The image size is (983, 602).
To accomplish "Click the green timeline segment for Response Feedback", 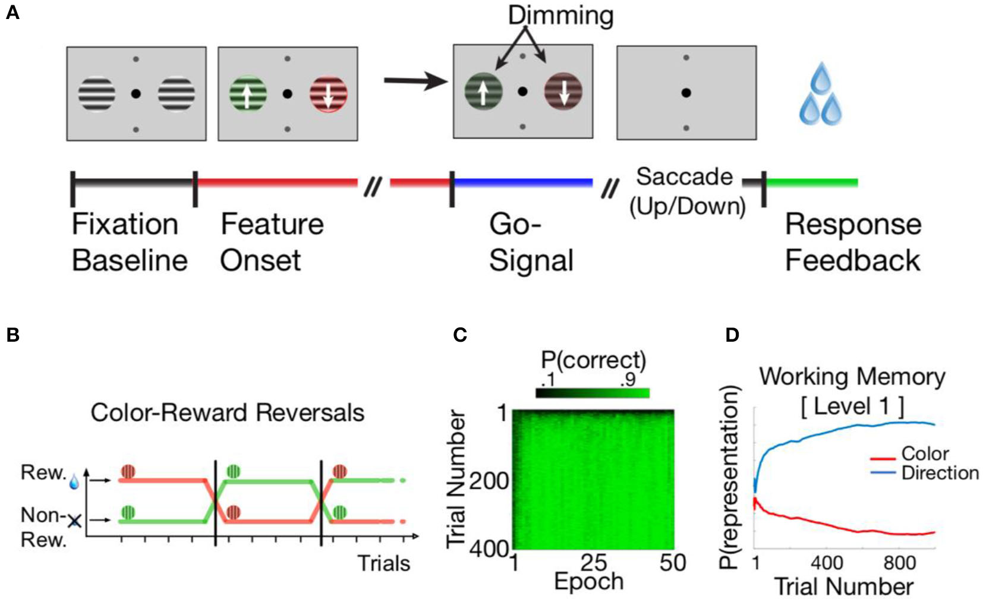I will (x=812, y=182).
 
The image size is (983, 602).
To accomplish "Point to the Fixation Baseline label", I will (x=129, y=242).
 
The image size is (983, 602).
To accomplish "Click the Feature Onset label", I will (x=272, y=242).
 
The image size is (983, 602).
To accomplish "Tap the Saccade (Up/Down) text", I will (x=686, y=191).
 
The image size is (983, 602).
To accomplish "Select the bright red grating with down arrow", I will (x=328, y=94).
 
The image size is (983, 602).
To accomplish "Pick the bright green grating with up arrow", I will (x=248, y=94).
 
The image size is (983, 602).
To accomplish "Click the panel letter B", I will (x=12, y=335).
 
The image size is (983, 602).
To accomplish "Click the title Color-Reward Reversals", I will (x=227, y=412).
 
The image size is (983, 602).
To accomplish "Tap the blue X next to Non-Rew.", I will (x=74, y=521).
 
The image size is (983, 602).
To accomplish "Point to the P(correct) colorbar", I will (x=593, y=393).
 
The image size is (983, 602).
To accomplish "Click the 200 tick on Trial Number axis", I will (x=489, y=480).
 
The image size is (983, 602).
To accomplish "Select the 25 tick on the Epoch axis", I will (x=593, y=562).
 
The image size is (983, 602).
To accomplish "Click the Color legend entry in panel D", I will (x=925, y=454).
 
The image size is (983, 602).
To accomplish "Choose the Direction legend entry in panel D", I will (x=940, y=473).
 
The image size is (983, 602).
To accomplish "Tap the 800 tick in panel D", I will (x=899, y=562).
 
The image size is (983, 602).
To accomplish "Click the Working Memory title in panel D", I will (x=852, y=377).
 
